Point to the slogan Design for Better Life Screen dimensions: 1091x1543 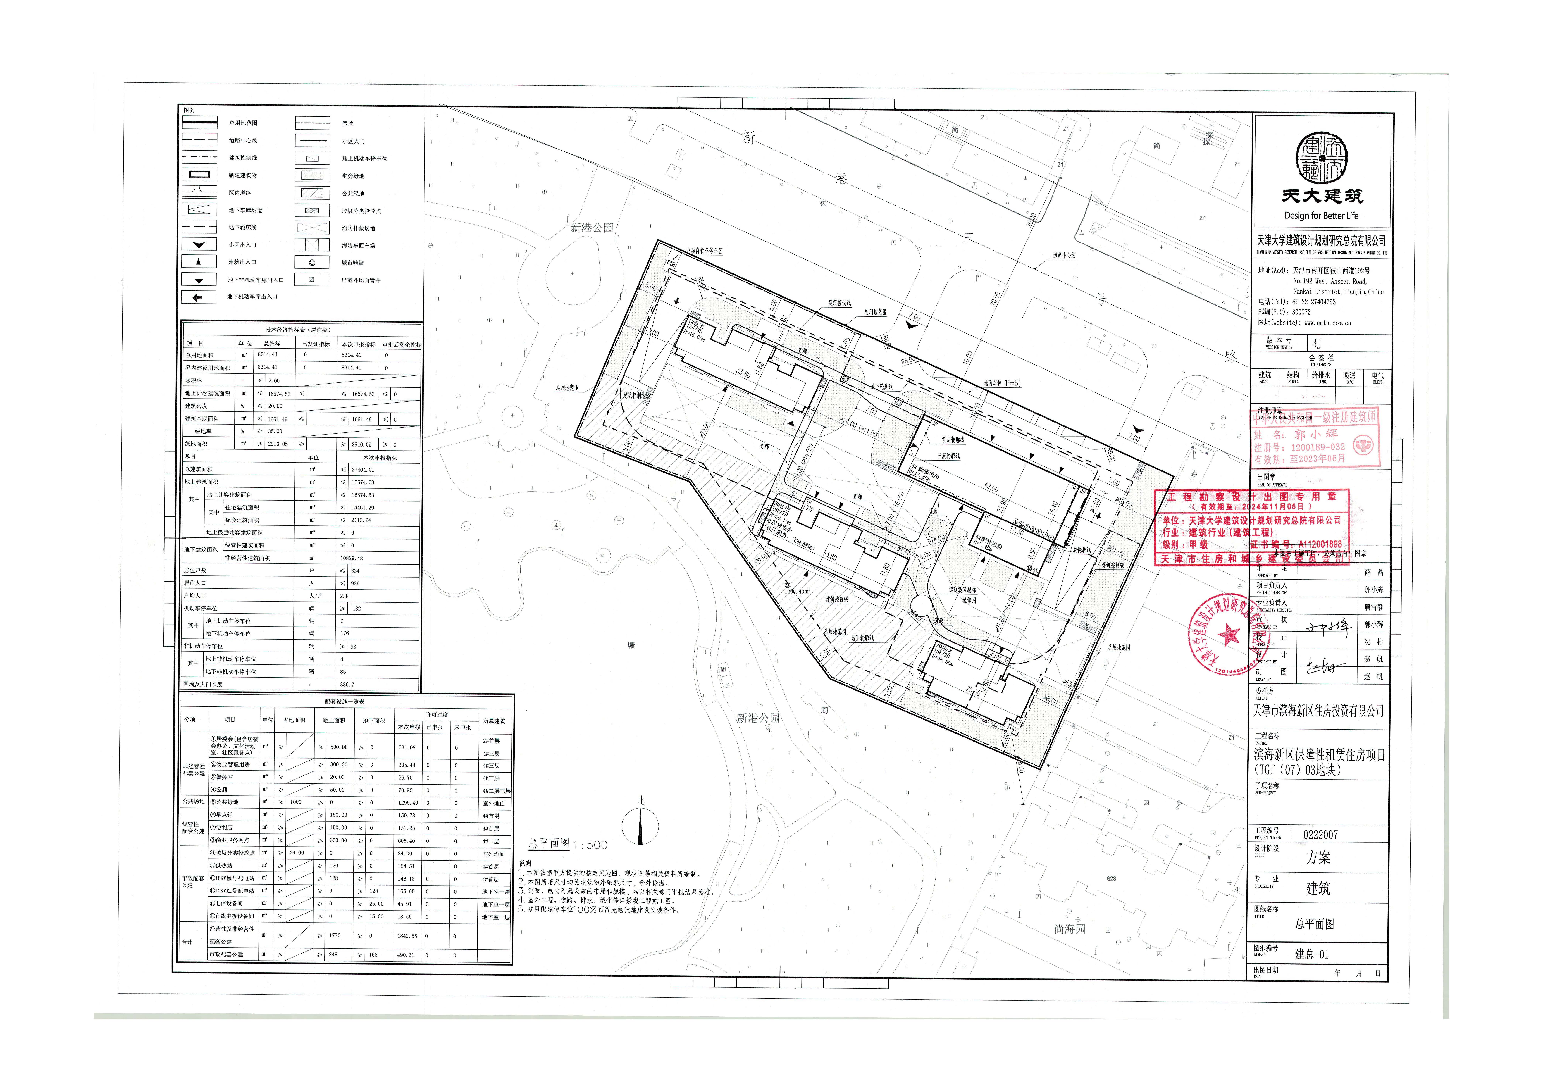tap(1321, 216)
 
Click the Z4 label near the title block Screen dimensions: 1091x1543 tap(1202, 218)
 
